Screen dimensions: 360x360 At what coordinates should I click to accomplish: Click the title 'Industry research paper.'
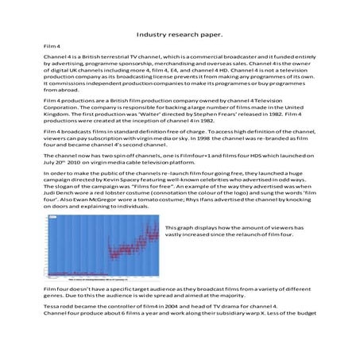pyautogui.click(x=179, y=36)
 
